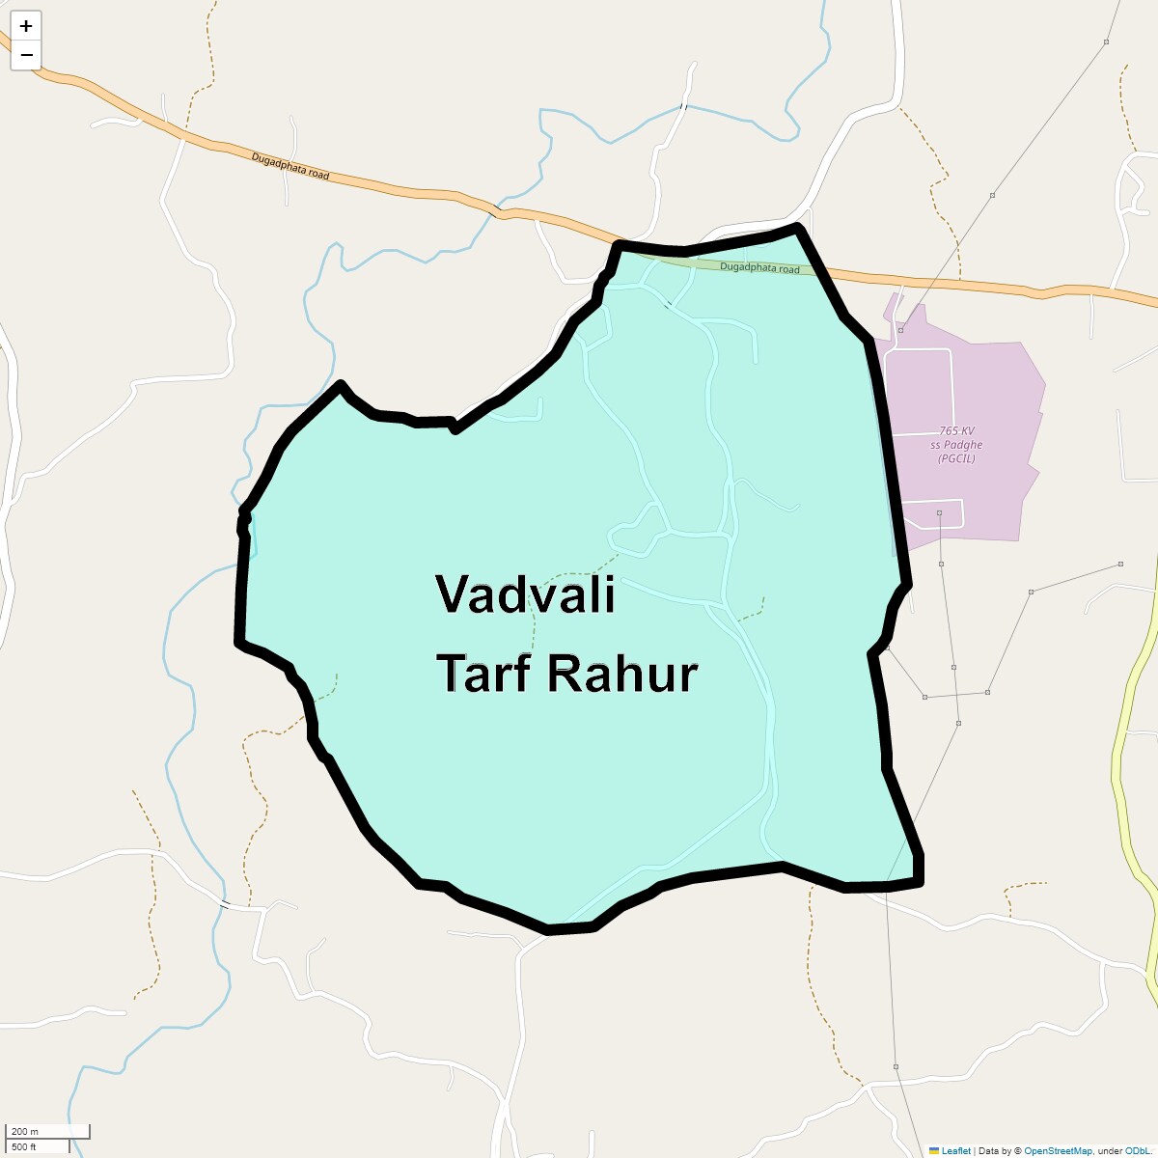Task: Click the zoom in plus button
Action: point(26,26)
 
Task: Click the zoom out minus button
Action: point(26,55)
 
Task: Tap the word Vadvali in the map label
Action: point(525,593)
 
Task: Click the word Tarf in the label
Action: point(482,673)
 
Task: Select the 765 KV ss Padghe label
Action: point(956,445)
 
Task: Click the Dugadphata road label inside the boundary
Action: point(759,267)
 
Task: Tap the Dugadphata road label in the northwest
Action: point(290,166)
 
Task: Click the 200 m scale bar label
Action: point(26,1131)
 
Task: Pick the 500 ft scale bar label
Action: point(24,1146)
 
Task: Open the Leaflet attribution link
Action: point(955,1150)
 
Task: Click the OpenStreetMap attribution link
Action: point(1058,1150)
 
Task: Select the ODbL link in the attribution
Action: point(1137,1150)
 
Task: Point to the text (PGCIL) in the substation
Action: point(956,458)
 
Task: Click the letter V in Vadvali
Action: point(451,593)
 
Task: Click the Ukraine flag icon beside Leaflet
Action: point(934,1150)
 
